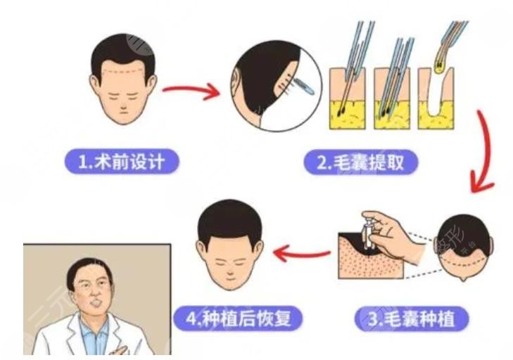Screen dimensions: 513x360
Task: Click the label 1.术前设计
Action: (x=122, y=162)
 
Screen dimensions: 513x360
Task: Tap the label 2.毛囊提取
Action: (x=361, y=162)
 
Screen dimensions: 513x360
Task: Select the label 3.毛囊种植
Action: (x=412, y=319)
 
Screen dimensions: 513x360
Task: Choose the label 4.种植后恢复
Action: (x=238, y=318)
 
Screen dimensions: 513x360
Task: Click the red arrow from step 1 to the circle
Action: (x=191, y=90)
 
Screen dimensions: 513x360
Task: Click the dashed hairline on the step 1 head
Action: (x=123, y=71)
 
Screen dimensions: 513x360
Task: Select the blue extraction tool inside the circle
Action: (x=303, y=86)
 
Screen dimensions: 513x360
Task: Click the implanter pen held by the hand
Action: (x=368, y=232)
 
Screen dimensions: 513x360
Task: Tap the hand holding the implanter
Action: (x=393, y=236)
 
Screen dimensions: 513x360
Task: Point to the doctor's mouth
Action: (x=96, y=303)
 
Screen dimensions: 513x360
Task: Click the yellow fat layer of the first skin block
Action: (x=347, y=115)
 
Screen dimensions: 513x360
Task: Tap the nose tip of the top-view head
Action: (x=463, y=279)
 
